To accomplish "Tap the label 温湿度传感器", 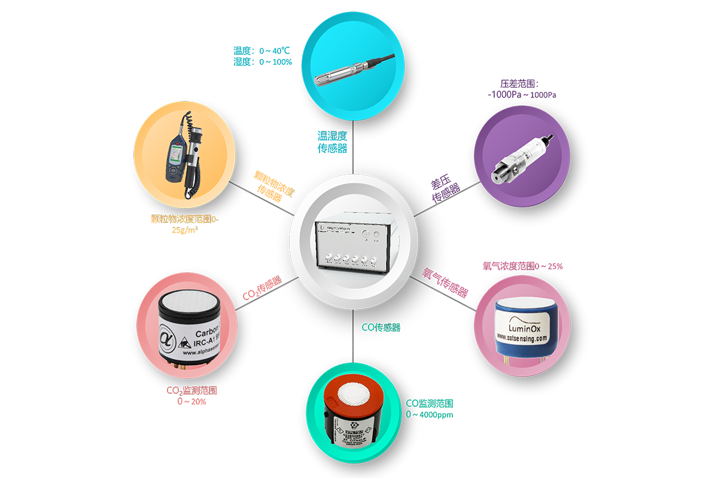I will click(x=332, y=142).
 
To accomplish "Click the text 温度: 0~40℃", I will click(x=262, y=50).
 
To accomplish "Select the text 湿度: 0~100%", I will click(x=262, y=62).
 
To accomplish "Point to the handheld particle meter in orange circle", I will click(x=182, y=157).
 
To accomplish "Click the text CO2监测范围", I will click(x=191, y=391).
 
